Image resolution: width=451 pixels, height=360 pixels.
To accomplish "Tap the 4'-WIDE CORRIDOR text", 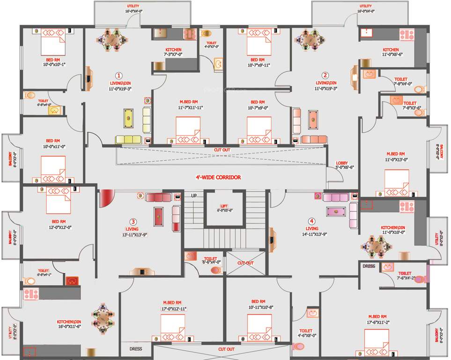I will click(x=218, y=177).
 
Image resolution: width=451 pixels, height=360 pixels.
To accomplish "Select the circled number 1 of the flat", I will click(x=119, y=75).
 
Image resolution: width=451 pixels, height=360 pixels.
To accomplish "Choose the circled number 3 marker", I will click(x=133, y=222).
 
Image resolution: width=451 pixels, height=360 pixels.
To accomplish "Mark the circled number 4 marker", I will click(x=311, y=221).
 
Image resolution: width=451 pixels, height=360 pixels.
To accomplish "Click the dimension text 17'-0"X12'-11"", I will click(x=175, y=308).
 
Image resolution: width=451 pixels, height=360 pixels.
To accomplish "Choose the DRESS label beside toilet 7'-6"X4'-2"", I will click(x=369, y=266).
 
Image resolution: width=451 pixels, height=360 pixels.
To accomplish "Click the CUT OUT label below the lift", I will click(x=245, y=263).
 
